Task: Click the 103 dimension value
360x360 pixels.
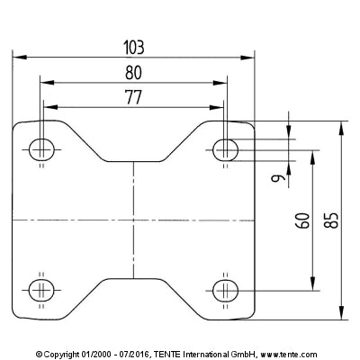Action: tap(134, 48)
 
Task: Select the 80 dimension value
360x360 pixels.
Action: tap(133, 73)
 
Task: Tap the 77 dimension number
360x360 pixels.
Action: tap(133, 97)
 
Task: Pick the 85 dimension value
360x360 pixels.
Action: tap(331, 220)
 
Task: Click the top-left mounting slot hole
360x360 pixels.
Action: tap(41, 149)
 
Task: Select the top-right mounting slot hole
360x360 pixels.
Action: tap(226, 149)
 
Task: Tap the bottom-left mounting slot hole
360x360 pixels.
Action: tap(41, 291)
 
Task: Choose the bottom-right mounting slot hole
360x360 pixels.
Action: tap(226, 291)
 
